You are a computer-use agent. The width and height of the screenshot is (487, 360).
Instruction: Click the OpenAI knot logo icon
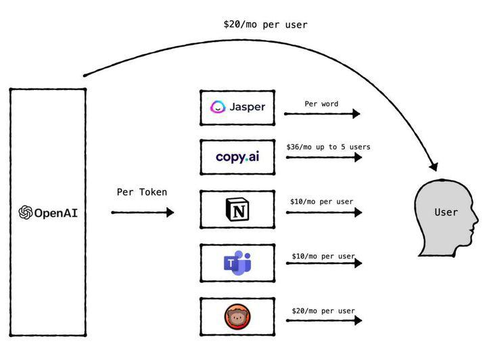coord(26,212)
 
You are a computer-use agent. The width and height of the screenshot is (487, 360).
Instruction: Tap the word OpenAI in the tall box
coord(55,213)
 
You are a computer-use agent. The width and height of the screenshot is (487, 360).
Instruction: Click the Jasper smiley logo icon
coord(218,107)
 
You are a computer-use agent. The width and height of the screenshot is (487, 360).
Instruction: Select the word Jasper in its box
coord(247,107)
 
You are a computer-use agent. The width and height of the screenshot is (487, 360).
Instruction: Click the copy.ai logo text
coord(237,156)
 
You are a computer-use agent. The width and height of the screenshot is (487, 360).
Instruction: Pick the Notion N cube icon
coord(237,210)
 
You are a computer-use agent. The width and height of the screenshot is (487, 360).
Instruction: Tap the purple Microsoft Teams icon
coord(237,263)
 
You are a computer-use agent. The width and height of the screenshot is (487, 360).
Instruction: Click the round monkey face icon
coord(237,316)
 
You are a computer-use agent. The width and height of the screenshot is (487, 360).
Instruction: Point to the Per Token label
coord(142,192)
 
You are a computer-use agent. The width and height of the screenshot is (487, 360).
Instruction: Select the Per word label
coord(321,104)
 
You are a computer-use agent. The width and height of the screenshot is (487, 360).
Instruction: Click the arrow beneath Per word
coord(322,114)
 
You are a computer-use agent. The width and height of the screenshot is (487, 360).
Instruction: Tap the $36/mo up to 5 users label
coord(328,147)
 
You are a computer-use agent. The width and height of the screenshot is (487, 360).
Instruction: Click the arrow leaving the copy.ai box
coord(323,158)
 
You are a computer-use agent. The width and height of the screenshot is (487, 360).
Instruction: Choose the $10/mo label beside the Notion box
coord(321,202)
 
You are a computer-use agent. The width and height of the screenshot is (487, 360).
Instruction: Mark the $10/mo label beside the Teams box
coord(323,256)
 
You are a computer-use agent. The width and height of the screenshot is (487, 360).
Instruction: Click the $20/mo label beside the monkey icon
coord(323,311)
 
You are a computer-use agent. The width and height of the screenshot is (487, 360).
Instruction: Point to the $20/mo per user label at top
coord(265,25)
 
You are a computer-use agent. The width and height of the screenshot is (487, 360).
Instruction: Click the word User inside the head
coord(446,212)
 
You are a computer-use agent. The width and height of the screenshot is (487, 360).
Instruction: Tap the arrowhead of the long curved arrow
coord(434,166)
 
